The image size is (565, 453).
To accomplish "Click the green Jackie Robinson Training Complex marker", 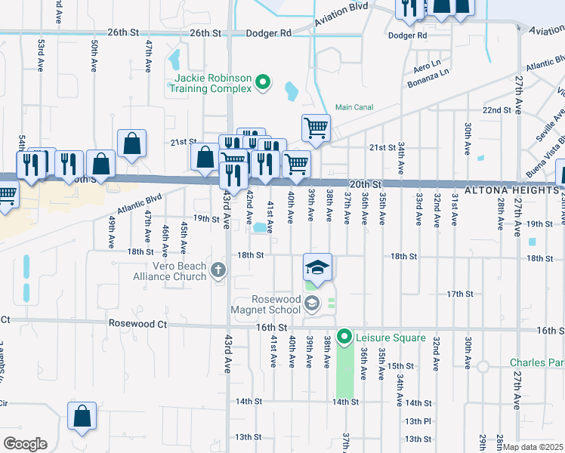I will click(x=263, y=82).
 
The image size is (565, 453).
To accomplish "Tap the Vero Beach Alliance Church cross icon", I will click(x=218, y=270).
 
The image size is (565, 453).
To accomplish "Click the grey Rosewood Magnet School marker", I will click(x=313, y=304).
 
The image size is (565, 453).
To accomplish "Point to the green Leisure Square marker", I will click(x=344, y=337).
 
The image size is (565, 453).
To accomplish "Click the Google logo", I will click(x=25, y=444).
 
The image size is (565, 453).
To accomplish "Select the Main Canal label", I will click(x=354, y=108).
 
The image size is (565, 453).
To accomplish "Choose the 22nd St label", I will click(x=497, y=110).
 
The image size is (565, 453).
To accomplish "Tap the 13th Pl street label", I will click(x=417, y=421).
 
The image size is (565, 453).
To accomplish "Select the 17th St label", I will click(x=459, y=294).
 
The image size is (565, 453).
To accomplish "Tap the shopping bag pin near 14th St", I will click(x=82, y=415).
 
